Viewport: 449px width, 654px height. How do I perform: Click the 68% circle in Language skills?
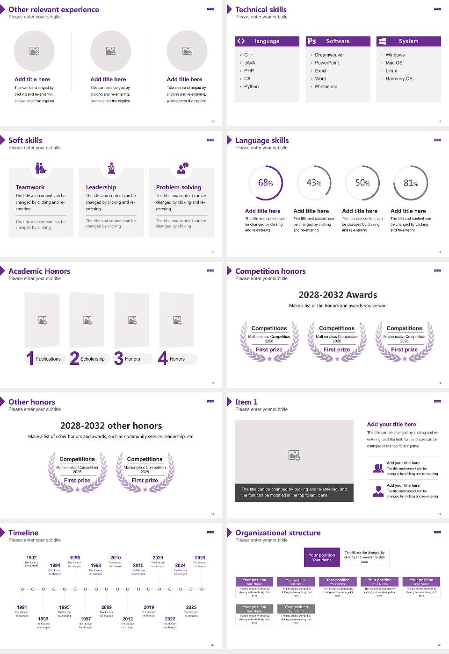click(266, 183)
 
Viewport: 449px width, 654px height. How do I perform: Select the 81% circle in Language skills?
click(411, 183)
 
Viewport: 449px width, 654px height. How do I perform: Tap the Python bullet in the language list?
click(251, 87)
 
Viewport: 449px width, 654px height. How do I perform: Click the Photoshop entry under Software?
click(326, 87)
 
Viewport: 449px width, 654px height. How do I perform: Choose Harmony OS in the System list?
click(399, 79)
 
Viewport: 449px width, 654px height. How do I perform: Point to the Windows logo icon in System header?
click(383, 41)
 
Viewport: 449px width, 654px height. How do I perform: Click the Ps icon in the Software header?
click(312, 41)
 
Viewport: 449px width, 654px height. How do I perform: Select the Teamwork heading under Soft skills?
click(30, 187)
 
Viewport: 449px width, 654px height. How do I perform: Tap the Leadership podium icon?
click(111, 168)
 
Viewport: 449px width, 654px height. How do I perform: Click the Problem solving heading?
click(179, 187)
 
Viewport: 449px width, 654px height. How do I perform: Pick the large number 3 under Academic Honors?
click(118, 358)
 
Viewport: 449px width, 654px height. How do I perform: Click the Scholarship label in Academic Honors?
click(92, 359)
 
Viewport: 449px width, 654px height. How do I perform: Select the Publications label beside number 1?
click(48, 359)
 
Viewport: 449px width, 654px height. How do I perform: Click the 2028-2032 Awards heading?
click(338, 295)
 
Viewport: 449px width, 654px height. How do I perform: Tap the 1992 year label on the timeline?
click(31, 558)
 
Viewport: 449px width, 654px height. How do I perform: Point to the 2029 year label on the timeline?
click(200, 558)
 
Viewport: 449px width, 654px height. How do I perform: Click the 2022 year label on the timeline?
click(170, 619)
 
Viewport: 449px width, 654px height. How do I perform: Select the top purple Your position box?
click(322, 557)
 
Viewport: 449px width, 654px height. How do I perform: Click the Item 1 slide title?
click(246, 402)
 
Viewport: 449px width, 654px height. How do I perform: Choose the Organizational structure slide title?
click(278, 533)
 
